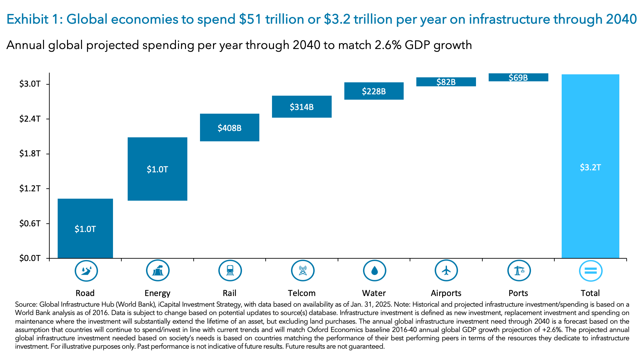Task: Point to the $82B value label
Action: click(446, 82)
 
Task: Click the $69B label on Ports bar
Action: click(518, 78)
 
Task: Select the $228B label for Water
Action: click(374, 91)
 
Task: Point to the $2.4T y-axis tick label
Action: click(30, 119)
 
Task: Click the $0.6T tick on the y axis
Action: click(30, 223)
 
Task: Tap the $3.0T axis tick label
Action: click(30, 84)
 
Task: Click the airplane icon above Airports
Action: click(446, 271)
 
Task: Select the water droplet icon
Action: click(374, 271)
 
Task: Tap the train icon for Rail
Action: click(230, 271)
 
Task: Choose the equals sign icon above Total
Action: click(590, 271)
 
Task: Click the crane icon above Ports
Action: click(518, 271)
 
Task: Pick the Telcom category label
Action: click(302, 293)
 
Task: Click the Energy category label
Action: click(157, 293)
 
